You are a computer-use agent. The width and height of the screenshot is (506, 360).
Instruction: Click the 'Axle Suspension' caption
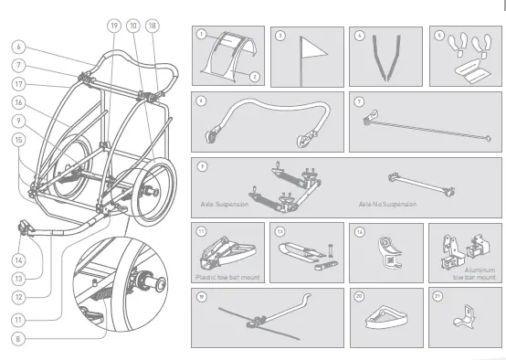[225, 206]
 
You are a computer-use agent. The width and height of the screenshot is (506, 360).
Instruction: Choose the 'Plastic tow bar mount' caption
[228, 275]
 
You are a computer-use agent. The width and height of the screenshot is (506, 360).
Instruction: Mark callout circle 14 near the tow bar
[18, 259]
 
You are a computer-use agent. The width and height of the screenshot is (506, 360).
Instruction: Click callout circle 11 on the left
[18, 319]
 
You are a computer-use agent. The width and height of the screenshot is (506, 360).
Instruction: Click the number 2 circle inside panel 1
[254, 77]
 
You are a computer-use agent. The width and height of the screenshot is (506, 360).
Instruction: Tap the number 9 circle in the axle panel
[200, 166]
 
